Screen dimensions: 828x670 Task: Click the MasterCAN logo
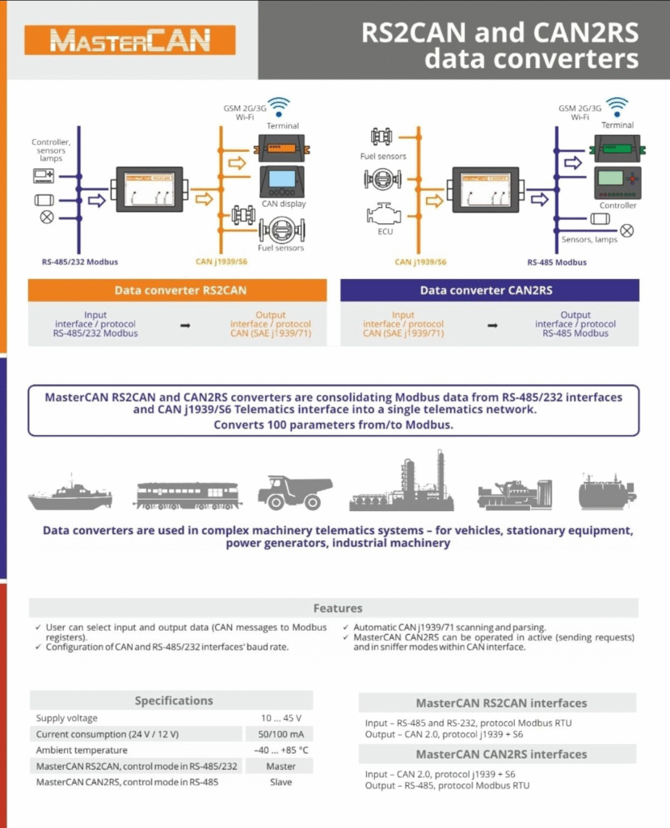point(130,40)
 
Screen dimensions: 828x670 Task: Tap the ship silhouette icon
point(70,493)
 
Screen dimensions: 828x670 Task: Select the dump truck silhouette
point(294,492)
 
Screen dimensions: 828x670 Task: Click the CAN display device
point(282,182)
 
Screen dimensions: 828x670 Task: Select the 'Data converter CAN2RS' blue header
point(489,290)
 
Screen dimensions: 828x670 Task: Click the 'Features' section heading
point(338,608)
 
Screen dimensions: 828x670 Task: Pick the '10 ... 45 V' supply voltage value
point(278,718)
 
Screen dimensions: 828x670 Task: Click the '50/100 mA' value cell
point(278,734)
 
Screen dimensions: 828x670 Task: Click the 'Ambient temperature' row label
point(82,750)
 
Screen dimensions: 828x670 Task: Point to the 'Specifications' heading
point(174,701)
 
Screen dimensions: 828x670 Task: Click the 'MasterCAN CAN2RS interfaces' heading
point(501,754)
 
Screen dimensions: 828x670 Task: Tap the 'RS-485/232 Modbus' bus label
point(78,262)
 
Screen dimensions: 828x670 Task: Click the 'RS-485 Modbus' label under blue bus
point(557,262)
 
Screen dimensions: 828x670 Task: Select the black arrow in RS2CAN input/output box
point(184,324)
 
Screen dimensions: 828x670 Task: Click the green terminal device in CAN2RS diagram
point(617,147)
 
